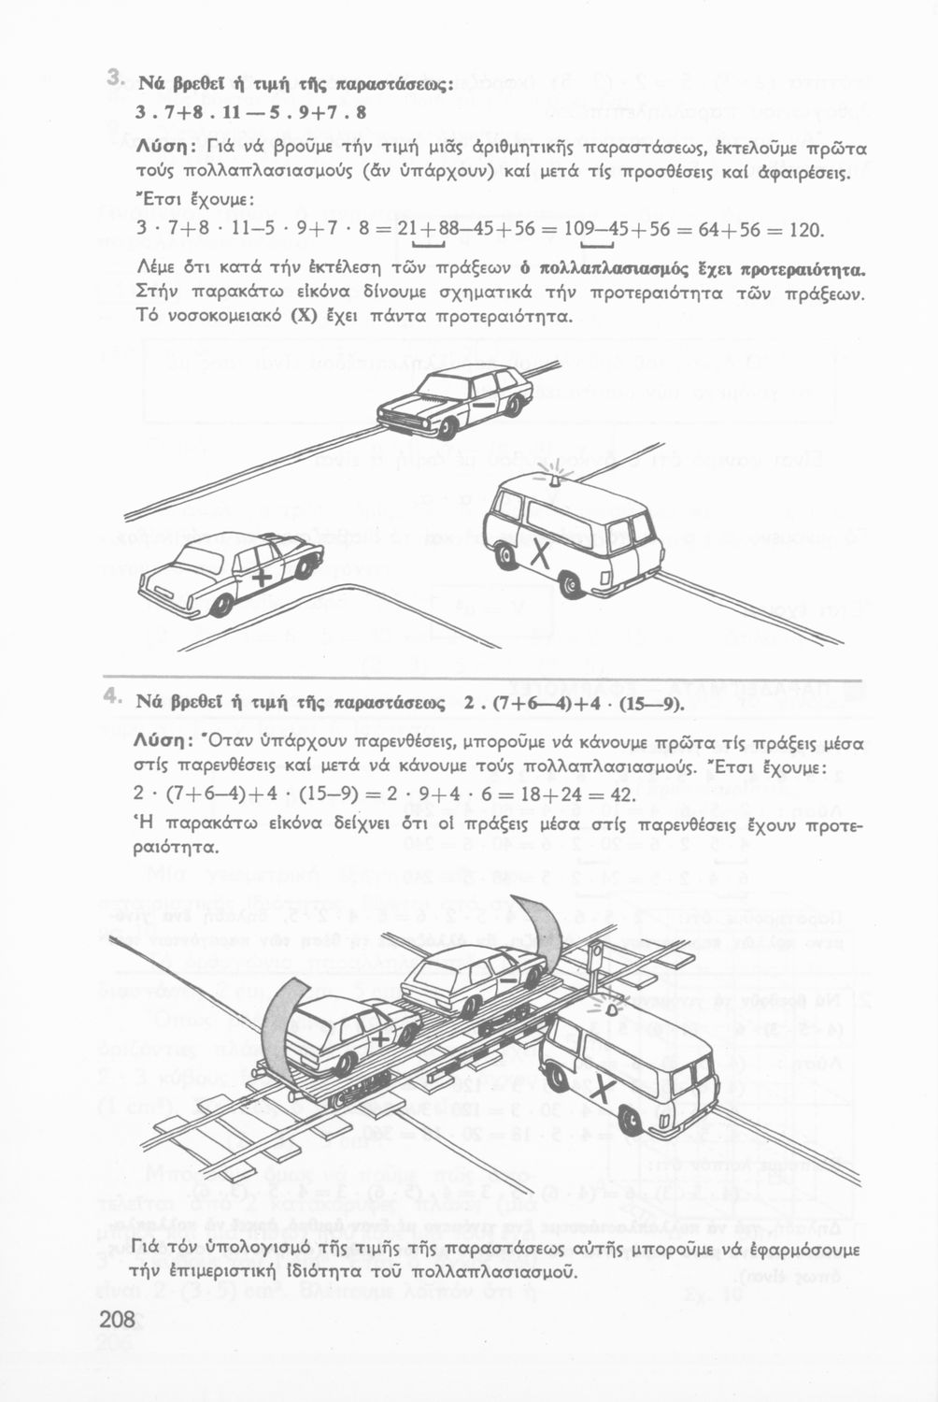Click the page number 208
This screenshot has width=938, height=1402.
tap(117, 1320)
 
